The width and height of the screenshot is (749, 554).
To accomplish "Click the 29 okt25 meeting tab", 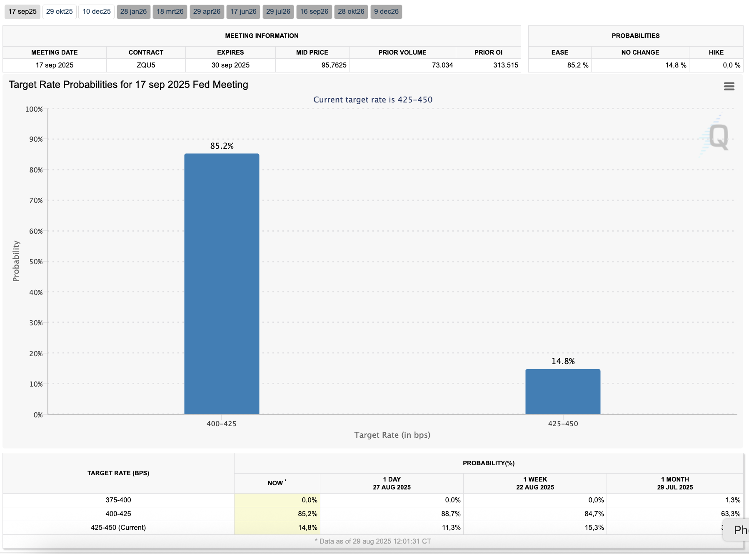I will (59, 12).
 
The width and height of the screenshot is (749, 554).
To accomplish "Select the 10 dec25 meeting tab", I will (96, 12).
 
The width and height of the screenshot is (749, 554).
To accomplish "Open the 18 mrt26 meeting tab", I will (170, 12).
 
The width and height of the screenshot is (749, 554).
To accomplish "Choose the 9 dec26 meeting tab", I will (386, 12).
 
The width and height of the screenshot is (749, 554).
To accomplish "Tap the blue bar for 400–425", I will (222, 283).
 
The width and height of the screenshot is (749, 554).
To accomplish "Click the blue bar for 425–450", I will (563, 392).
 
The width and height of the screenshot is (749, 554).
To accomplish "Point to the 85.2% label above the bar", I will (222, 146).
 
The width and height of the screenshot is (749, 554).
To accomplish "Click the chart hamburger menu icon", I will (729, 86).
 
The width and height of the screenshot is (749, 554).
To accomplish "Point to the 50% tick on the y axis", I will (36, 262).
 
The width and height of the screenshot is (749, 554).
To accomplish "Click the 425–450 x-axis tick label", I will (563, 424).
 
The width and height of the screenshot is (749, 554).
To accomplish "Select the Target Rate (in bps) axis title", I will (392, 435).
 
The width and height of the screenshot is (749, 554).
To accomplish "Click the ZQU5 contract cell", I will (146, 65).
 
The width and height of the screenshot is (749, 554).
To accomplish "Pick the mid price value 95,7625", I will (334, 65).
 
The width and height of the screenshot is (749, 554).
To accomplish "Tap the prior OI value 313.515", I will (506, 65).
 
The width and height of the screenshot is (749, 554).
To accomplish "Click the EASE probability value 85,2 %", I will (577, 65).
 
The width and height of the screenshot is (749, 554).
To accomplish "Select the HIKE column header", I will (716, 52).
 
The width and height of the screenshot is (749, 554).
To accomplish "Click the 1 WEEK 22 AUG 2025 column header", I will (535, 483).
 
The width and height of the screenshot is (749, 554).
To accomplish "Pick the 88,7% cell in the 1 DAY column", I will (451, 514).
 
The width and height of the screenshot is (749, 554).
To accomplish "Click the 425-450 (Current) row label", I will (118, 527).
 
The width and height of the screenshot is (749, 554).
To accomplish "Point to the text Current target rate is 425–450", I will (373, 100).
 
